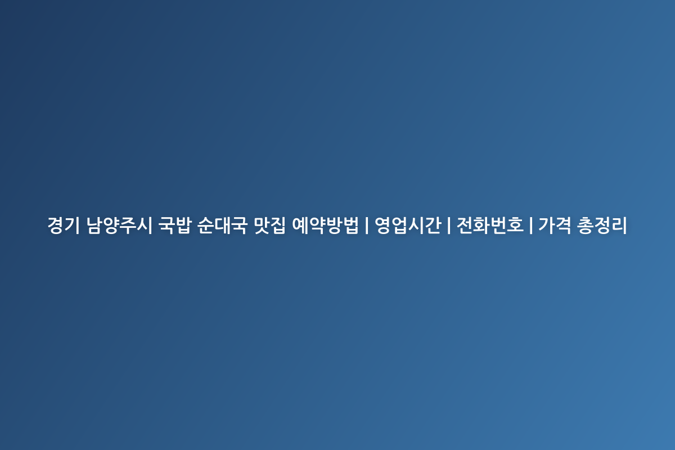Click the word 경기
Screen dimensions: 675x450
coord(64,225)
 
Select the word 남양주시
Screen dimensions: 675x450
coord(119,225)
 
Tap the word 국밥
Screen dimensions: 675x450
coord(175,225)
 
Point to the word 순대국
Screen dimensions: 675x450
coord(222,225)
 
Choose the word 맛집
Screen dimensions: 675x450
coord(269,225)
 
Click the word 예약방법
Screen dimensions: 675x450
coord(326,225)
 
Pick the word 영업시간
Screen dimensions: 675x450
coord(408,225)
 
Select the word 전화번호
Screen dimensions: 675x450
coord(490,225)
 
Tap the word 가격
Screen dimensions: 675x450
coord(555,225)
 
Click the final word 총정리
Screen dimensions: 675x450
coord(602,225)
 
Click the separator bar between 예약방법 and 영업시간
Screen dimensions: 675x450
coord(367,225)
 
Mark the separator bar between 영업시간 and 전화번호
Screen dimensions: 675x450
coord(449,225)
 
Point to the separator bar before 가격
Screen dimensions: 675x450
coord(531,225)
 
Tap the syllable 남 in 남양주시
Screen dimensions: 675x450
coord(94,225)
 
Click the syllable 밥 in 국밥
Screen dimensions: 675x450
coord(183,225)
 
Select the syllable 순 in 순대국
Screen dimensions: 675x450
coord(206,225)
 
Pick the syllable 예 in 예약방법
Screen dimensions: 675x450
coord(300,225)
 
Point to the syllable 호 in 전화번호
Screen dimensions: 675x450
coord(515,225)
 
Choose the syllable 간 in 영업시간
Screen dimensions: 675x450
coord(433,225)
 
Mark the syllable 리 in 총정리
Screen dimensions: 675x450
coord(619,225)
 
